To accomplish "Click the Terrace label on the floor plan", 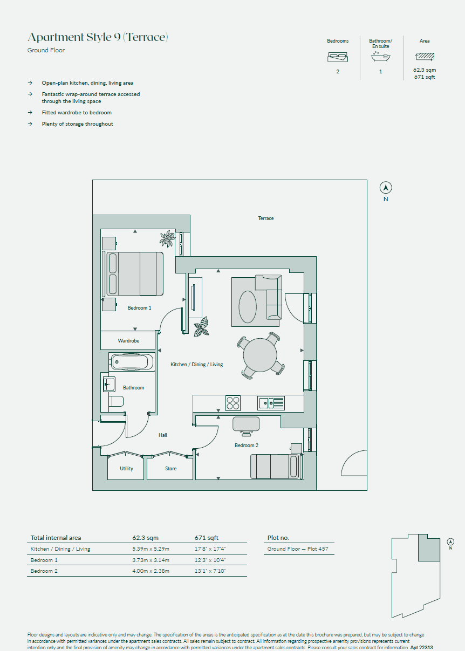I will pyautogui.click(x=265, y=218).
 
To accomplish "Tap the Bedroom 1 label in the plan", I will pyautogui.click(x=139, y=308).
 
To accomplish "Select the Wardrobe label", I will pyautogui.click(x=128, y=341).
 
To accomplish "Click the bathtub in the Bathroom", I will pyautogui.click(x=131, y=361).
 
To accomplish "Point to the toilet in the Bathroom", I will pyautogui.click(x=116, y=401).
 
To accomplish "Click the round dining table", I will pyautogui.click(x=260, y=355).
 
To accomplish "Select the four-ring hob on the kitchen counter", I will pyautogui.click(x=233, y=403).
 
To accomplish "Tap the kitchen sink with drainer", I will pyautogui.click(x=271, y=403).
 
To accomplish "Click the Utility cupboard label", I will pyautogui.click(x=126, y=469).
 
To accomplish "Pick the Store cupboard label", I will pyautogui.click(x=170, y=469).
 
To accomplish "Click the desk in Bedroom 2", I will pyautogui.click(x=246, y=424).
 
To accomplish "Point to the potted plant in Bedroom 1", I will pyautogui.click(x=168, y=238).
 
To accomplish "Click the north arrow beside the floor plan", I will pyautogui.click(x=386, y=188).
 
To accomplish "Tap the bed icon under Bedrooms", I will pyautogui.click(x=338, y=57).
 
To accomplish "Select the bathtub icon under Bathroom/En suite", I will pyautogui.click(x=380, y=57).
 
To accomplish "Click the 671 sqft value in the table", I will pyautogui.click(x=207, y=538).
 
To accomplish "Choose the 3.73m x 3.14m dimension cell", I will pyautogui.click(x=151, y=560).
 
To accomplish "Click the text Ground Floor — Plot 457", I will pyautogui.click(x=298, y=549).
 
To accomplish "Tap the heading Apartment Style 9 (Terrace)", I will pyautogui.click(x=98, y=37).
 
